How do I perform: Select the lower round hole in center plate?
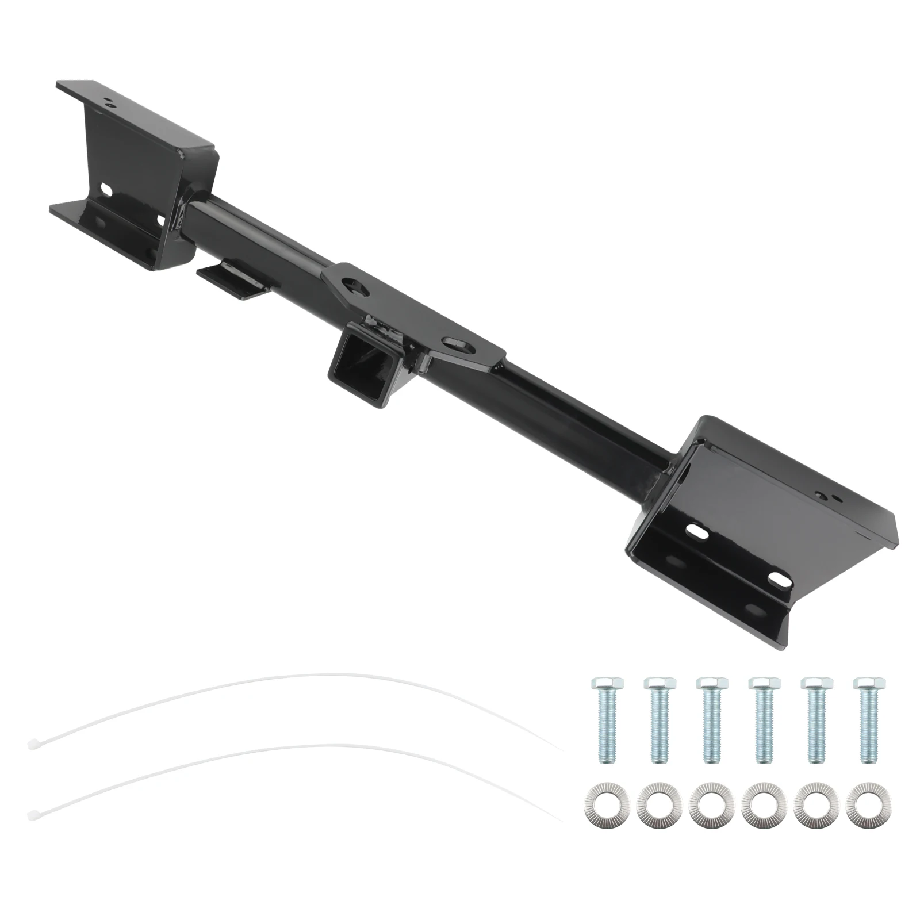tap(457, 346)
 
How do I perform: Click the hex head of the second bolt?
tap(659, 683)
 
